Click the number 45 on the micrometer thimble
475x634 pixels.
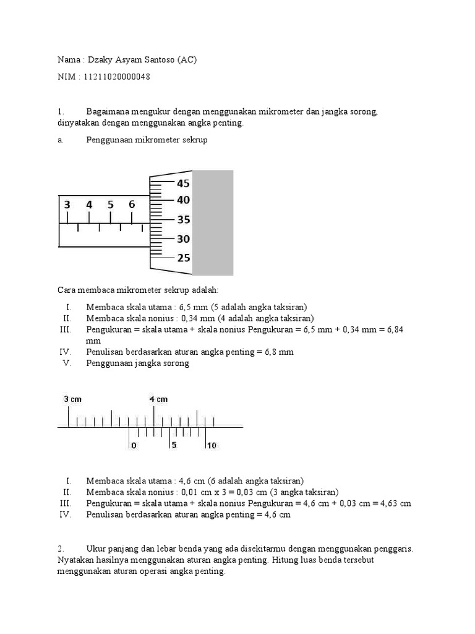(x=183, y=183)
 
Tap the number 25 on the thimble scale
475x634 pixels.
(x=183, y=258)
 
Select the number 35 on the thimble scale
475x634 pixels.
(x=183, y=220)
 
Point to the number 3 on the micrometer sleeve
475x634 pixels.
(x=67, y=204)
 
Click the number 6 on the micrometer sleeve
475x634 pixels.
(x=132, y=204)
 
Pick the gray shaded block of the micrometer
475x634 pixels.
(x=213, y=223)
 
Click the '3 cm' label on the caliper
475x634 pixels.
(x=72, y=399)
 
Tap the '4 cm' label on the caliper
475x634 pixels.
(x=158, y=399)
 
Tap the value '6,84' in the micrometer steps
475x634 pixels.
(x=393, y=329)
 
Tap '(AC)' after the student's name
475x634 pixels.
(x=189, y=60)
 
